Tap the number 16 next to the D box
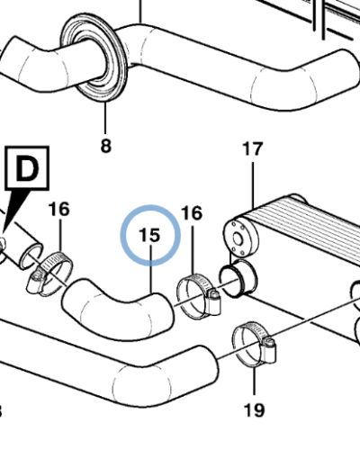58,210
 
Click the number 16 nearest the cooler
192,213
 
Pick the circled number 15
150,235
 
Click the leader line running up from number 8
105,117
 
